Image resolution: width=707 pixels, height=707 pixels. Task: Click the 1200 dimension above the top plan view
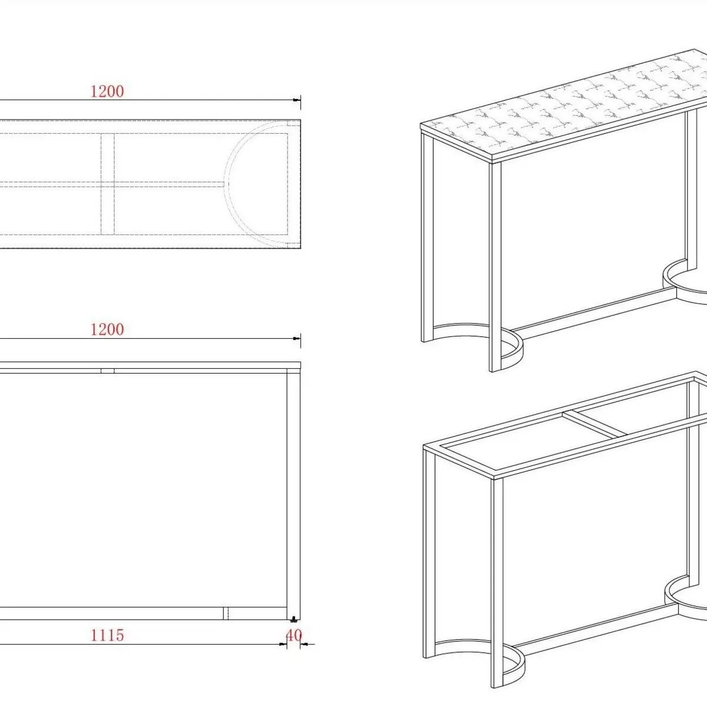[107, 91]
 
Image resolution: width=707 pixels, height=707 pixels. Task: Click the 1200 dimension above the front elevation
[107, 329]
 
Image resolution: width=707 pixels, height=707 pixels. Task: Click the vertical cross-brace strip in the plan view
[107, 183]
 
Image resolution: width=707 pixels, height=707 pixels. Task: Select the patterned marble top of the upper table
[565, 104]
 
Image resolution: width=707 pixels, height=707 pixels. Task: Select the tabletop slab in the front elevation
[150, 365]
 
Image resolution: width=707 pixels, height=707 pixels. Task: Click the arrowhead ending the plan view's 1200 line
[296, 100]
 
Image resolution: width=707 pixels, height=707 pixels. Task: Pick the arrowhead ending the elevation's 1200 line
[296, 338]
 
